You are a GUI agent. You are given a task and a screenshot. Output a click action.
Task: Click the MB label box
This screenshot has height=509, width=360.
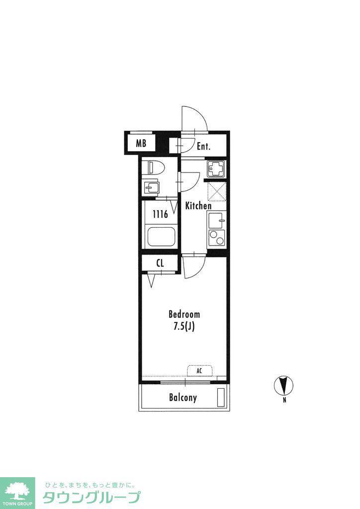pos(141,143)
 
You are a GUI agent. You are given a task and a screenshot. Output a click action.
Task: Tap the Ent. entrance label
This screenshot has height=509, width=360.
pos(204,147)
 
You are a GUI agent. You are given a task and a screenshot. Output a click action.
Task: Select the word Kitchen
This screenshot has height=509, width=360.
pos(198,206)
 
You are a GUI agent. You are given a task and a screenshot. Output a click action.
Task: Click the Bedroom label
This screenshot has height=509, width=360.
pos(184,314)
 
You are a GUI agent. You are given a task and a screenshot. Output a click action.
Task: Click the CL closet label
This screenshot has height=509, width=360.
pos(160,263)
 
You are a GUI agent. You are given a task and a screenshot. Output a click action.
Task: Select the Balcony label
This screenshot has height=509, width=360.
pos(183,398)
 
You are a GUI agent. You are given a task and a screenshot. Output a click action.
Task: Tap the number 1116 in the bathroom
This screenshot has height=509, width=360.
pos(161,214)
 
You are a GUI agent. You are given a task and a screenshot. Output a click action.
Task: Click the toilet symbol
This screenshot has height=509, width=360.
pos(156,168)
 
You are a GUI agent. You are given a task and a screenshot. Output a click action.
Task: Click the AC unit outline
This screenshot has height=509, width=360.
pos(199,371)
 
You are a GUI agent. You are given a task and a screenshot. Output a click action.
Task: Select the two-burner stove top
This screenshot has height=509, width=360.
pos(216,238)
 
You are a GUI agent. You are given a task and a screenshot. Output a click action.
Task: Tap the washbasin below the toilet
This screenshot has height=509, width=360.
pos(151,187)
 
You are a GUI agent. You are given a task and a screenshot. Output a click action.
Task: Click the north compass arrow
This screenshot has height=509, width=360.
pos(284,386)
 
